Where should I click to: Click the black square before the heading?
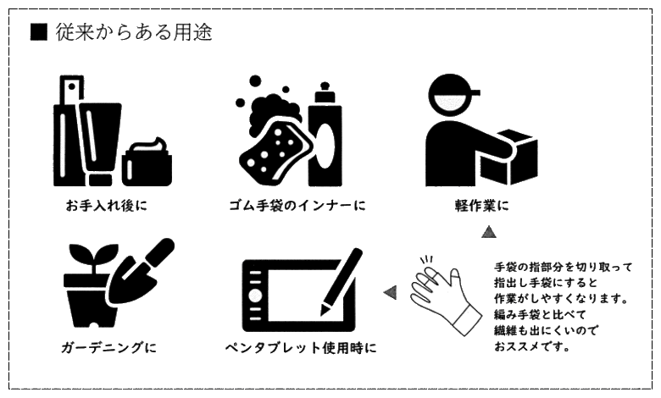(38, 32)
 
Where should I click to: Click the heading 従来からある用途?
(134, 32)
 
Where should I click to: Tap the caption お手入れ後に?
(106, 206)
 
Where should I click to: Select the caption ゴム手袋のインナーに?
(297, 206)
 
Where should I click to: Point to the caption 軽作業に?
(482, 206)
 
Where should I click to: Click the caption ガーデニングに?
(108, 348)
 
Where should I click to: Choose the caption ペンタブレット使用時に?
(301, 348)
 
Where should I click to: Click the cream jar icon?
(147, 162)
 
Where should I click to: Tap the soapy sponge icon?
(274, 143)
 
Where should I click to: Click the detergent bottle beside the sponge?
(325, 135)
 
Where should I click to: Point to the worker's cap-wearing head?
(452, 96)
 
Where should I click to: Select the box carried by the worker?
(507, 158)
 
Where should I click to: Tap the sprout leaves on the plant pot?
(94, 253)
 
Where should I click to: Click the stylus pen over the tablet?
(342, 281)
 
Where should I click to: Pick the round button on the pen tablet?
(255, 296)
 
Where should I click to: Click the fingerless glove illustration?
(445, 294)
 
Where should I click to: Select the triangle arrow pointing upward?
(489, 232)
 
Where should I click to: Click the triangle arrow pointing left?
(390, 292)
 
